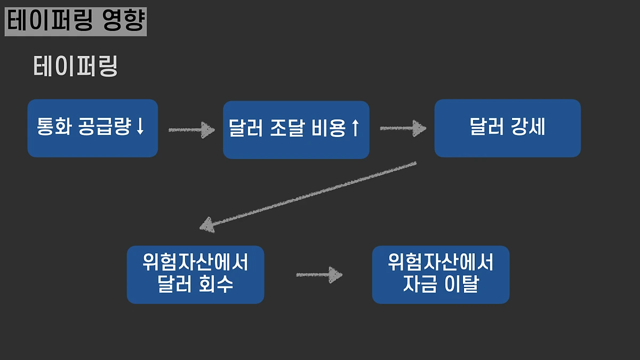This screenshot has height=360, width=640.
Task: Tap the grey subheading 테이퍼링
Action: click(75, 67)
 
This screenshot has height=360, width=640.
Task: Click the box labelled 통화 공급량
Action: click(92, 128)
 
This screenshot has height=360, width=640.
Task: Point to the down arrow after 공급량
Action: click(140, 127)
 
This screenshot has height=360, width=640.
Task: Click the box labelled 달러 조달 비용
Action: click(296, 130)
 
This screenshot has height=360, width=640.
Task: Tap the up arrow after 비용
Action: click(355, 129)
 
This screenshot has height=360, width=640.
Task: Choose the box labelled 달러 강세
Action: click(507, 128)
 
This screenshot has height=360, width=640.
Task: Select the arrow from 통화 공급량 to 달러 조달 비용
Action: click(191, 130)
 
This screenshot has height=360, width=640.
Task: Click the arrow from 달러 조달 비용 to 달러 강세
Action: click(403, 129)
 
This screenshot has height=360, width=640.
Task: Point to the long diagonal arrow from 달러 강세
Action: click(308, 195)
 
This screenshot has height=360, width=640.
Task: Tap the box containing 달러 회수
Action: click(195, 275)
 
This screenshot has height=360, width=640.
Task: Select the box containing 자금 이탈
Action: click(441, 275)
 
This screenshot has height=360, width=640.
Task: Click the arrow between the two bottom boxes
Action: click(318, 275)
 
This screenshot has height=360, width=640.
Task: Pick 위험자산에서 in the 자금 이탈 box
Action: click(441, 262)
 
